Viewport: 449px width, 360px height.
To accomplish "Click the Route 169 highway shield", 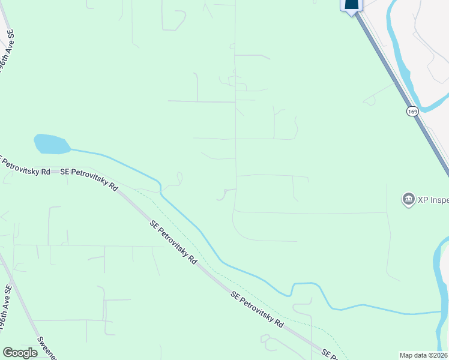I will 412,112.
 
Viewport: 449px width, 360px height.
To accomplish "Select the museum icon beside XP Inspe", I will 408,199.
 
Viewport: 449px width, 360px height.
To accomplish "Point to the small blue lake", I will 50,144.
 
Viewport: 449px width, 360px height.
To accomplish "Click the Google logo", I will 20,353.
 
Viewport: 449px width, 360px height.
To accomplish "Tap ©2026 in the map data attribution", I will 438,355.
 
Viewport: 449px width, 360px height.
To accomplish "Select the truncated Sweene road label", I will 47,348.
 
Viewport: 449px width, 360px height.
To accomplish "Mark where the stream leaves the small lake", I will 71,148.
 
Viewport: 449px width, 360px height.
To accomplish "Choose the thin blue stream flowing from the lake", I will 180,207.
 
